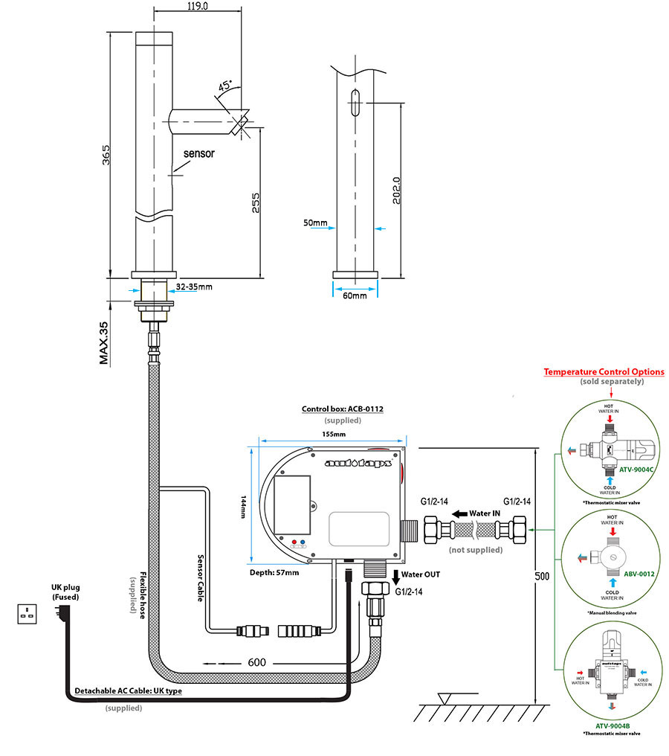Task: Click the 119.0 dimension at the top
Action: (x=197, y=6)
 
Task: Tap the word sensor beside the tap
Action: (x=198, y=154)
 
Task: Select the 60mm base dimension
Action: (x=355, y=295)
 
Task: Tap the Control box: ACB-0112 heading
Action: (x=342, y=409)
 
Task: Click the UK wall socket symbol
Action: (x=30, y=614)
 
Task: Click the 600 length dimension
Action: (x=257, y=661)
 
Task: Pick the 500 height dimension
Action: (x=545, y=576)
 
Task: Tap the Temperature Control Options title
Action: (x=604, y=371)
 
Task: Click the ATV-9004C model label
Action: (x=636, y=470)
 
